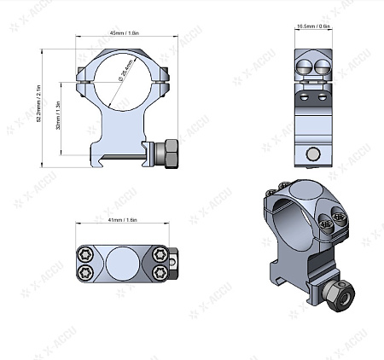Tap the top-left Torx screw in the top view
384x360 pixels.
pyautogui.click(x=85, y=253)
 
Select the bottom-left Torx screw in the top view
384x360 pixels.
pyautogui.click(x=85, y=272)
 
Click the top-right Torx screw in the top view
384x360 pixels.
pyautogui.click(x=160, y=253)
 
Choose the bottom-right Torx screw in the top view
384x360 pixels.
pyautogui.click(x=160, y=272)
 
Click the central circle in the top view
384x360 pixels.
pyautogui.click(x=122, y=263)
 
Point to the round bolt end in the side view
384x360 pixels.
pyautogui.click(x=313, y=154)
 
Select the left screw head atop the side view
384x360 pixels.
pyautogui.click(x=305, y=66)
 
